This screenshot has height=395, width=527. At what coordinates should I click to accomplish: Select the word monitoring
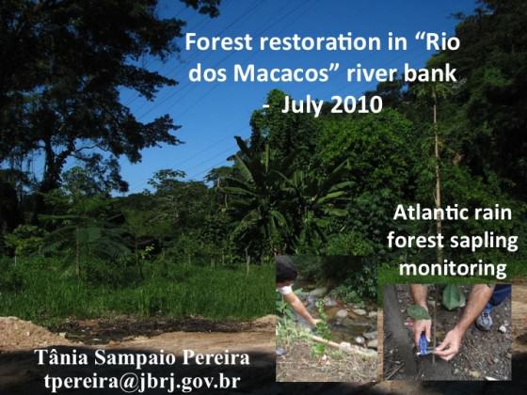tap(453, 269)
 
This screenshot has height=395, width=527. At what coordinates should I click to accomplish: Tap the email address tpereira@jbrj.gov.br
tap(142, 381)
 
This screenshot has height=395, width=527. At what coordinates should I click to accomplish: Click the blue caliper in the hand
tap(423, 343)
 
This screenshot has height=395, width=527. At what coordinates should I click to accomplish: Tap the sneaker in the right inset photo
tap(485, 317)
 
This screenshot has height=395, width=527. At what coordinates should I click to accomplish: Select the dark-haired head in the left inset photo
tap(286, 269)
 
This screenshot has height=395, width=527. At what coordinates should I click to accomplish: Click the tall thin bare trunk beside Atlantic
tap(437, 175)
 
